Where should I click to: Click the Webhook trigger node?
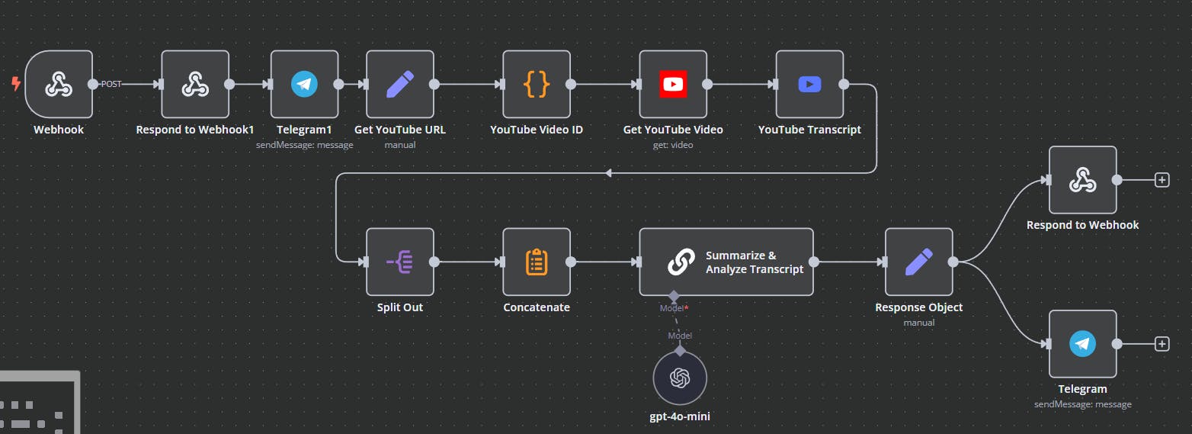pos(59,84)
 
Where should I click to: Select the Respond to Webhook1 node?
pos(195,84)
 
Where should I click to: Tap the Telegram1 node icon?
pos(304,84)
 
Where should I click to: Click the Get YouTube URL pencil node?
pos(400,84)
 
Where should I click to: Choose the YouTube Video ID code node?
pos(537,84)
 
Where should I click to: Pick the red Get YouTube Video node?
pos(673,84)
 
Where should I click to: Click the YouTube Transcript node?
pos(809,84)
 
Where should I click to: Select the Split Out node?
pos(400,262)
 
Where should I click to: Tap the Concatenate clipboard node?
pos(537,262)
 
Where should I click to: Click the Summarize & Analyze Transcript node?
pos(726,262)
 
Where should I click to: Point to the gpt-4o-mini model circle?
pos(680,378)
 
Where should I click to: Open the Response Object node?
pos(918,262)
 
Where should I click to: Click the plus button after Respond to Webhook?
pos(1162,180)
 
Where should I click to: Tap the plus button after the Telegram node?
pos(1162,344)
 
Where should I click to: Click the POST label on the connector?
pos(111,84)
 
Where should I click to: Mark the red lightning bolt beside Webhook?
pos(16,84)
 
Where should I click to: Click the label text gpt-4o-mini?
pos(680,416)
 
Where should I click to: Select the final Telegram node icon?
pos(1082,344)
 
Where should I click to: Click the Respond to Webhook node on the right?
pos(1082,180)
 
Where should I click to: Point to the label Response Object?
pos(918,307)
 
